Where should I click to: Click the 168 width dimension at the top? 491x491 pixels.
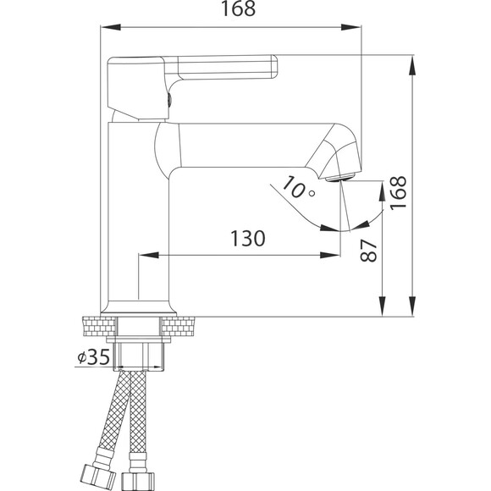[x=238, y=8]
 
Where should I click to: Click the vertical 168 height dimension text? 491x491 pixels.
[x=398, y=192]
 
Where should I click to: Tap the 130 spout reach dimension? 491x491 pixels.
[x=248, y=238]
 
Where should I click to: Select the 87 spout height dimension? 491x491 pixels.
[x=368, y=251]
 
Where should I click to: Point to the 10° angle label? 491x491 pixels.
[x=298, y=188]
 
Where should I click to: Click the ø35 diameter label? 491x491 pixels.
[x=94, y=357]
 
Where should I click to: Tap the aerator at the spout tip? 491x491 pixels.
[x=340, y=178]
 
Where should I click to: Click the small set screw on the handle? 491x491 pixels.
[x=169, y=100]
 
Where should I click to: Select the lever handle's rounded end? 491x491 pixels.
[x=273, y=66]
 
